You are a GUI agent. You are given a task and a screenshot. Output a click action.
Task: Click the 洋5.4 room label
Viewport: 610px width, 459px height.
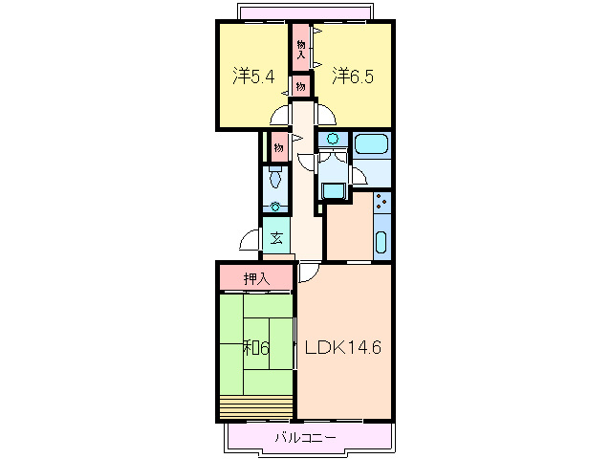(x=253, y=76)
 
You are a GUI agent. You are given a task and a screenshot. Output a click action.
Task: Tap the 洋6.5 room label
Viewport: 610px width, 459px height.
(x=353, y=76)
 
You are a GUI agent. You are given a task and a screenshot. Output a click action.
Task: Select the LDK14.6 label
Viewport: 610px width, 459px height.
(x=342, y=347)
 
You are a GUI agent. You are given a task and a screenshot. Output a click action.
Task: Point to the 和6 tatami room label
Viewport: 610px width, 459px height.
(x=256, y=348)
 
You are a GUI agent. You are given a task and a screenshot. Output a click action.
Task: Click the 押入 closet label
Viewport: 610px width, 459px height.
(x=256, y=279)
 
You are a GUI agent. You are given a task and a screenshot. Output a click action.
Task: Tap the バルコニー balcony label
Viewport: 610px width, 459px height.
(x=305, y=438)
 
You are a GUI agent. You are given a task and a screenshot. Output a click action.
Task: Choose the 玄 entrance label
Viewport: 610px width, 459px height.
(x=276, y=238)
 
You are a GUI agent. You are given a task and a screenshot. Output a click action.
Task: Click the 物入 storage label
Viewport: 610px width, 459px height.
(x=301, y=49)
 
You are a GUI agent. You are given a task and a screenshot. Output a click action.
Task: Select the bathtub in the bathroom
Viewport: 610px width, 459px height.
(x=372, y=144)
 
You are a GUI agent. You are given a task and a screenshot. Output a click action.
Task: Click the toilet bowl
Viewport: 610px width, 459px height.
(x=275, y=179)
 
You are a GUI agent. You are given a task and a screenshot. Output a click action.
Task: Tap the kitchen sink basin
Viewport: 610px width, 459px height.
(x=381, y=242)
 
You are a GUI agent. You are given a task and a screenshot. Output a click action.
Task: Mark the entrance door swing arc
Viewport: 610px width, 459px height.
(x=249, y=239)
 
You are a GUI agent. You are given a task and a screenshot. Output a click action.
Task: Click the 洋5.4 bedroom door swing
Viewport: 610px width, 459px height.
(x=280, y=116)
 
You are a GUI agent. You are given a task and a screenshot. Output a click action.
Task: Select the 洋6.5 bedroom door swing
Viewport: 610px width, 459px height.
(x=326, y=115)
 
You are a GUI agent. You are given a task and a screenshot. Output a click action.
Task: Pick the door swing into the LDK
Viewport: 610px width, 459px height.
(x=309, y=273)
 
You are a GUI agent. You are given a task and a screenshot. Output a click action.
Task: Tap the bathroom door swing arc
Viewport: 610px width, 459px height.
(x=359, y=175)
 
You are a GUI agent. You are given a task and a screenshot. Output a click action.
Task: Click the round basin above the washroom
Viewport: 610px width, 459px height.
(x=333, y=138)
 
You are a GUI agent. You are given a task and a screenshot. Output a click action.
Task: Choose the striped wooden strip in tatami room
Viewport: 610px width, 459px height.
(x=256, y=406)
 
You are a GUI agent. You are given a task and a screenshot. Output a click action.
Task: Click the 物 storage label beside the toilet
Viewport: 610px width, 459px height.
(x=278, y=148)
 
